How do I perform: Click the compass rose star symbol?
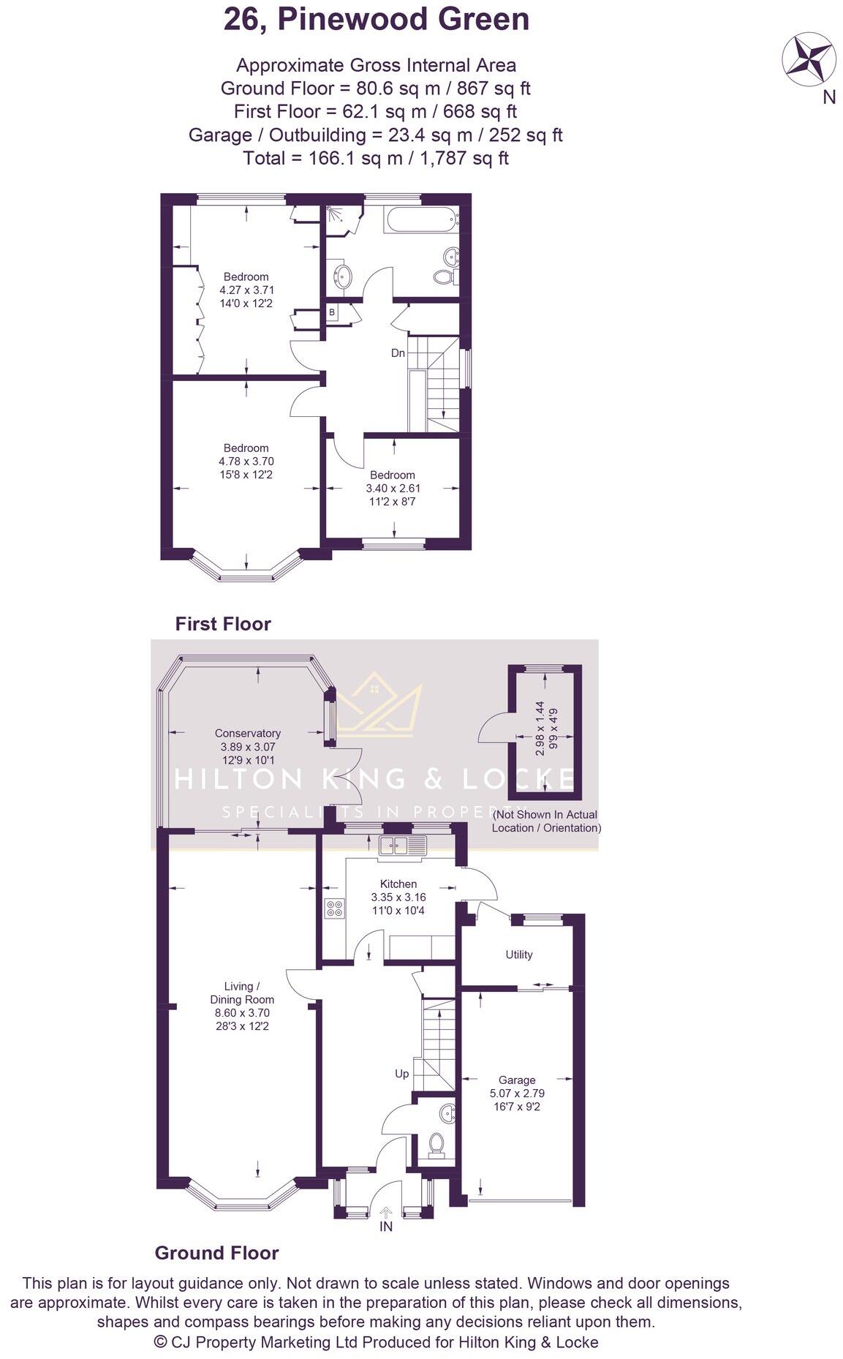tap(809, 59)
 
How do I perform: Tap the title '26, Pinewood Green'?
tap(376, 20)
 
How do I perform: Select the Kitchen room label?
tap(398, 884)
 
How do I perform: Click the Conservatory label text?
tap(247, 733)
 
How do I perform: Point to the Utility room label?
tap(519, 955)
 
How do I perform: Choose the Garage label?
tap(517, 1080)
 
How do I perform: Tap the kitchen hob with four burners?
tap(335, 908)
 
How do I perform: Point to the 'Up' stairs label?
tap(402, 1074)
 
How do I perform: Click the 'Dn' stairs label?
tap(398, 353)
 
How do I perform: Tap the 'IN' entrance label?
tap(386, 1227)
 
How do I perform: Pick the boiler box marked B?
tap(332, 312)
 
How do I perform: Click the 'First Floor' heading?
tap(223, 624)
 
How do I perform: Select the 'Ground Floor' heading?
tap(216, 1253)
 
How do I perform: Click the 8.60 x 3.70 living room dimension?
tap(242, 1013)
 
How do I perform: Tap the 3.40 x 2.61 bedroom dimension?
tap(393, 489)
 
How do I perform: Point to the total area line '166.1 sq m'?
tap(376, 158)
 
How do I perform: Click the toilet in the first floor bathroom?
tap(443, 277)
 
